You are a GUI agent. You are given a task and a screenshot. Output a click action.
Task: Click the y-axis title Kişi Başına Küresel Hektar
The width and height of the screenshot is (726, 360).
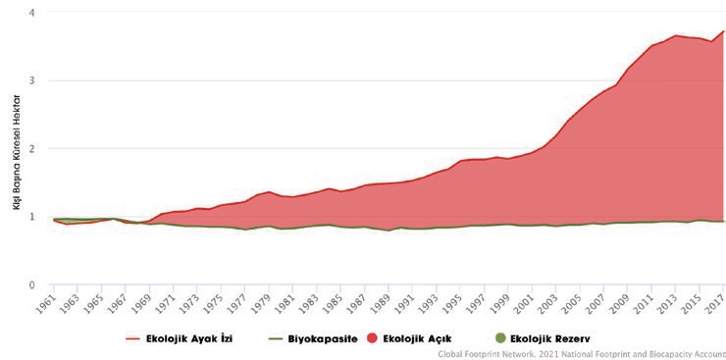pyautogui.click(x=17, y=152)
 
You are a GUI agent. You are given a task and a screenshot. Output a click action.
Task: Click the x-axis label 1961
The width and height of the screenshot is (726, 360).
pyautogui.click(x=47, y=302)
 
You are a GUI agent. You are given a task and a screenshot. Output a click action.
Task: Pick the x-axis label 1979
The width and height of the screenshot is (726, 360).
pyautogui.click(x=263, y=302)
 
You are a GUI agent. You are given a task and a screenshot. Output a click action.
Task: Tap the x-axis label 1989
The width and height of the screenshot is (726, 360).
pyautogui.click(x=383, y=302)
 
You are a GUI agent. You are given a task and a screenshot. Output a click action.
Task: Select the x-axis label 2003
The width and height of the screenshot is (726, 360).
pyautogui.click(x=550, y=302)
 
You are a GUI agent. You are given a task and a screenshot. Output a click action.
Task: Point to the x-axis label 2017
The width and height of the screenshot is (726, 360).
pyautogui.click(x=717, y=302)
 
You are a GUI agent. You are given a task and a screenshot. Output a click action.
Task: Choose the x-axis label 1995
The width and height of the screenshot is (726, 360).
pyautogui.click(x=454, y=302)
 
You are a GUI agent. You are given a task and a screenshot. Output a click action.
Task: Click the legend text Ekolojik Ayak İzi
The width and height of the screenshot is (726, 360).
pyautogui.click(x=189, y=338)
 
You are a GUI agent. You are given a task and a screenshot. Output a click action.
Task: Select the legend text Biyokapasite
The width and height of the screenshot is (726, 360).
pyautogui.click(x=323, y=338)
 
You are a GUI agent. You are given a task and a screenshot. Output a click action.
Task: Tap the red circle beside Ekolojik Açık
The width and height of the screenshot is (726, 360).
pyautogui.click(x=372, y=338)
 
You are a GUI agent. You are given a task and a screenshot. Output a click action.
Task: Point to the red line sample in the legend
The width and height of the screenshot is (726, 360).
pyautogui.click(x=133, y=339)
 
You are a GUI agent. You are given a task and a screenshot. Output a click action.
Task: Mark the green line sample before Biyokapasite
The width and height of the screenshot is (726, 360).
pyautogui.click(x=276, y=339)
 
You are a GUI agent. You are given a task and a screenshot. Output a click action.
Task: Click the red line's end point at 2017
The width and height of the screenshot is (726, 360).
pyautogui.click(x=724, y=31)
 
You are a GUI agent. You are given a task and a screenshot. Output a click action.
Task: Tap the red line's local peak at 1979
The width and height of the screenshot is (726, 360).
pyautogui.click(x=269, y=191)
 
